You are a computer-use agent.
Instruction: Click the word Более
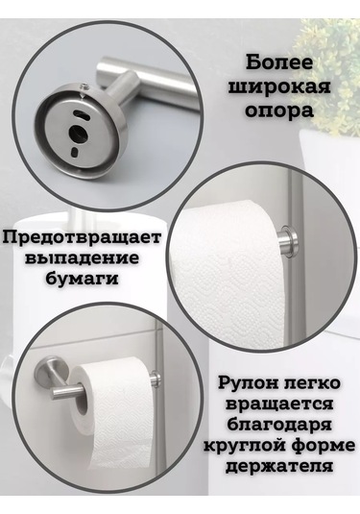[x=279, y=63]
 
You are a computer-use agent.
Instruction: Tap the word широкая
[x=279, y=87]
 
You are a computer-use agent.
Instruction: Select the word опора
[x=279, y=111]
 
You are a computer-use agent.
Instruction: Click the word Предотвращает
[x=82, y=238]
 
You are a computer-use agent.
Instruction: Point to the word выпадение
[x=82, y=258]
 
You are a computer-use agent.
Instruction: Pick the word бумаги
[x=82, y=280]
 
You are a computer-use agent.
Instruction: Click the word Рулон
[x=248, y=382]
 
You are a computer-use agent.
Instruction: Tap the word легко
[x=311, y=382]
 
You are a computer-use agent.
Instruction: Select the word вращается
[x=279, y=404]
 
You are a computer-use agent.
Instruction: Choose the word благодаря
[x=279, y=425]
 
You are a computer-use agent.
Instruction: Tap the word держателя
[x=279, y=466]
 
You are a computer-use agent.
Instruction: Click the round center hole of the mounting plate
[x=79, y=133]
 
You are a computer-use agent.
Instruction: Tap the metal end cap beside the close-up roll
[x=288, y=238]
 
